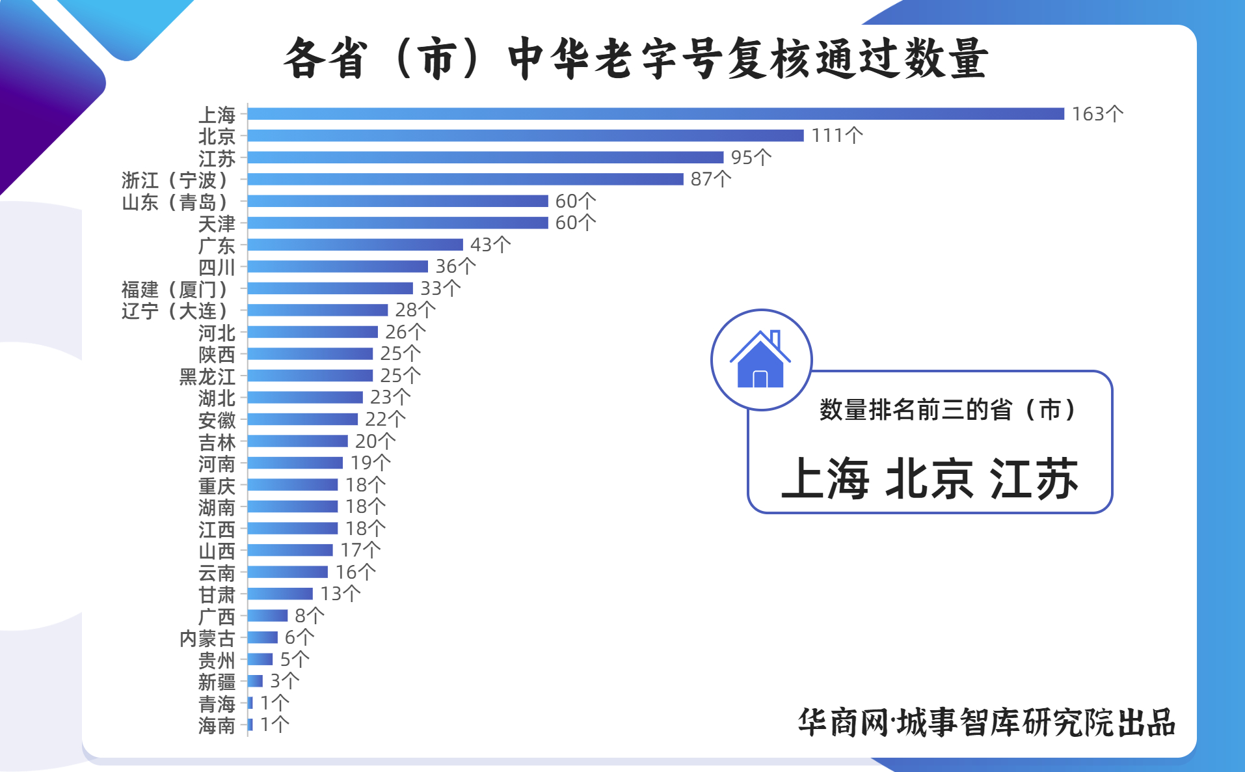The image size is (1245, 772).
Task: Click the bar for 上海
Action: click(656, 114)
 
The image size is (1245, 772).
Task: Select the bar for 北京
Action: click(526, 135)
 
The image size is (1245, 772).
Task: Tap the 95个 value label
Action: click(751, 158)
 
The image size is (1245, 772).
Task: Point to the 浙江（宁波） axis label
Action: click(175, 180)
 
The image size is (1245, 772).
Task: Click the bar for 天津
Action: click(398, 223)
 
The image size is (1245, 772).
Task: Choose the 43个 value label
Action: click(490, 245)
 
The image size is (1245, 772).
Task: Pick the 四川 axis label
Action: click(217, 267)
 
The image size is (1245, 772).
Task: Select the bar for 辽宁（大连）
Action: click(318, 310)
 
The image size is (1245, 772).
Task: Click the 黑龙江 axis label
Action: click(207, 376)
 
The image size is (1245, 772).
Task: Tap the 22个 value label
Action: click(385, 419)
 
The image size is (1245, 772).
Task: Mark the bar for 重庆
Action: click(293, 485)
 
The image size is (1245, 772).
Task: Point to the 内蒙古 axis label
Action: click(207, 638)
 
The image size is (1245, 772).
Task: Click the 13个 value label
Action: click(340, 594)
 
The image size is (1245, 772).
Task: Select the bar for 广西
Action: click(268, 616)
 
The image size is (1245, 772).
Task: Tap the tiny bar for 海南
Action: click(250, 724)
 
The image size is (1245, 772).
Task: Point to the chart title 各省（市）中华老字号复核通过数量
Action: click(636, 59)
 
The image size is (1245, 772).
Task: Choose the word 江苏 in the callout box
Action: click(1034, 479)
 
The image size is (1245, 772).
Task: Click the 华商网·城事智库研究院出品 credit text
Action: click(986, 723)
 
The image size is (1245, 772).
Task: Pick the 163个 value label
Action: click(1097, 114)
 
